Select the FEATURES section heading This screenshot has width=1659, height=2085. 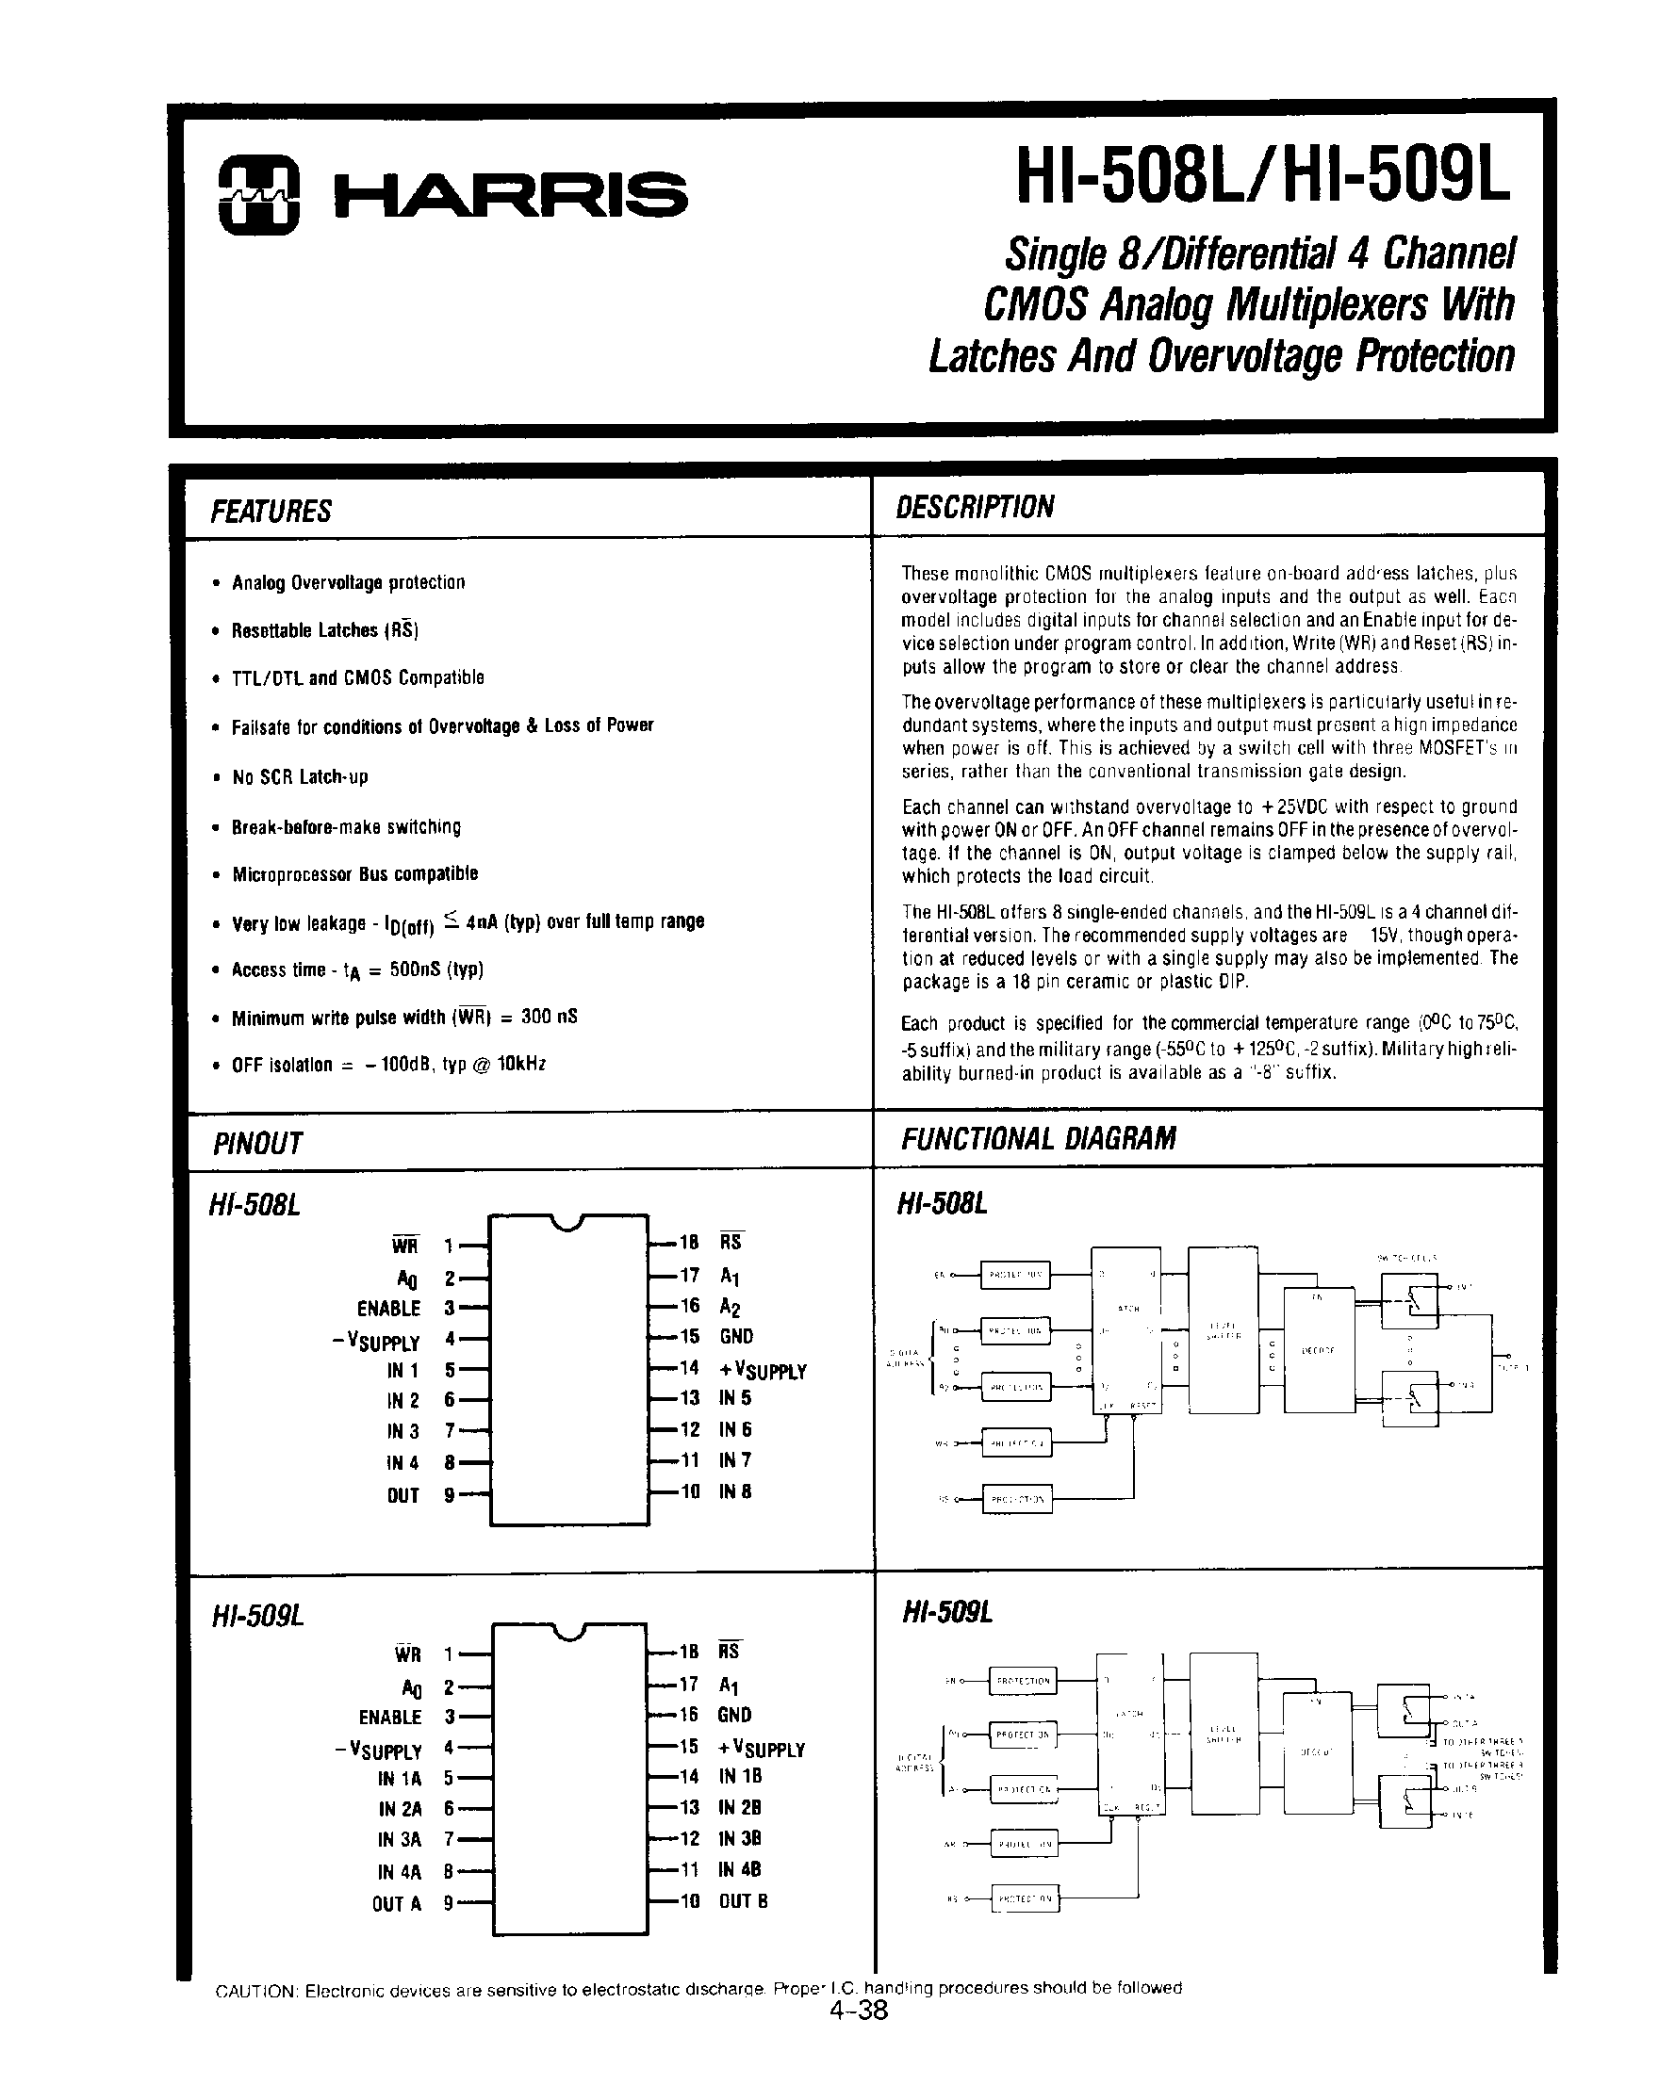point(271,511)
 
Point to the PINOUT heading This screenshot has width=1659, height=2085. point(256,1143)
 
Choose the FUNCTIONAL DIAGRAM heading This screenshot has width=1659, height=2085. point(1038,1138)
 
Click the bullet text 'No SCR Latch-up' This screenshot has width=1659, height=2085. point(300,776)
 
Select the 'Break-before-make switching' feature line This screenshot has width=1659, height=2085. point(345,827)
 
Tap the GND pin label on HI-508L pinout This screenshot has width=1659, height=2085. point(736,1337)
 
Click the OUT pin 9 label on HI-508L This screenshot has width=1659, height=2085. point(402,1495)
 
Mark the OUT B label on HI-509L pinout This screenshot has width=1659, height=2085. point(743,1900)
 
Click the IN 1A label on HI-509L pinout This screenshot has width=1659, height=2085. point(400,1778)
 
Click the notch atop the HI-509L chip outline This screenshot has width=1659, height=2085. point(569,1633)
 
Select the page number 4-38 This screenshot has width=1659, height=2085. point(858,2012)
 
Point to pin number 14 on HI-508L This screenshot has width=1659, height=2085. point(689,1367)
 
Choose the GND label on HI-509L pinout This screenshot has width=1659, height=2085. point(735,1715)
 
